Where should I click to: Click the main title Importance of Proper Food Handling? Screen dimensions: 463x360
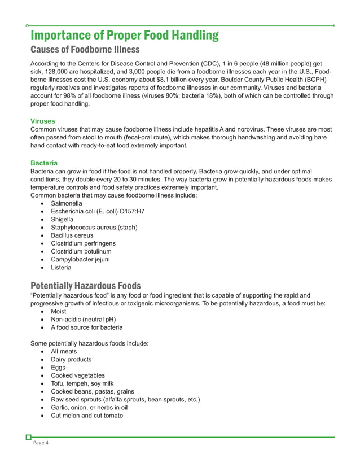click(124, 36)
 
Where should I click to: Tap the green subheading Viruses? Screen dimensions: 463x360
click(42, 121)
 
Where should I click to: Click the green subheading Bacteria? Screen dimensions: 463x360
click(43, 163)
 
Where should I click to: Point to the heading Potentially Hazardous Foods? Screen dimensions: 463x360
click(85, 285)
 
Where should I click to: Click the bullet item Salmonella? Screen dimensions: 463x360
click(66, 203)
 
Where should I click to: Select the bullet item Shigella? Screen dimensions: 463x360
click(62, 219)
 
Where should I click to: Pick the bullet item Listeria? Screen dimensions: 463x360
click(61, 267)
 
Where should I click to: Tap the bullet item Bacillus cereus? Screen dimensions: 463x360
click(72, 235)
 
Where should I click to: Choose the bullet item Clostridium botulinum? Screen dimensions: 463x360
click(81, 251)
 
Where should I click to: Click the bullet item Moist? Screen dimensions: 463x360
click(58, 311)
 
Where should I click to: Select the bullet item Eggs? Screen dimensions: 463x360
click(58, 368)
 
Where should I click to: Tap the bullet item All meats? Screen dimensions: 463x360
click(64, 351)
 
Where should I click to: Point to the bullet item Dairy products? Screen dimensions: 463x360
click(71, 360)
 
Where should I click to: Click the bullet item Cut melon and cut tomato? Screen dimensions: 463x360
click(87, 416)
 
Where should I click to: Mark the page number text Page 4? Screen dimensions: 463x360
click(39, 443)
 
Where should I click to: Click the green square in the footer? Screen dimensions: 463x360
click(29, 436)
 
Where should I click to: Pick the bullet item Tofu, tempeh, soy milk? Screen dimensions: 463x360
click(82, 383)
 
